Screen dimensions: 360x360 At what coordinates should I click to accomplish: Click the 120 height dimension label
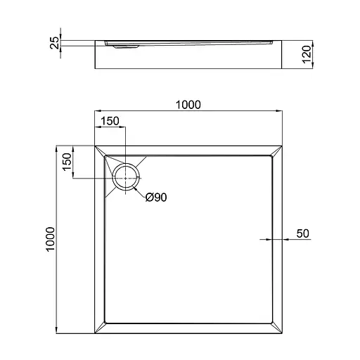pyautogui.click(x=307, y=51)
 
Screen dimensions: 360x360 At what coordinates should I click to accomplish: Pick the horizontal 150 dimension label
pyautogui.click(x=109, y=121)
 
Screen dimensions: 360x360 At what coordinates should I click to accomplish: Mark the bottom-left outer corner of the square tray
pyautogui.click(x=94, y=334)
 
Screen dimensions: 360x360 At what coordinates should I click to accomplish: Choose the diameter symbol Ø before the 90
pyautogui.click(x=148, y=198)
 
